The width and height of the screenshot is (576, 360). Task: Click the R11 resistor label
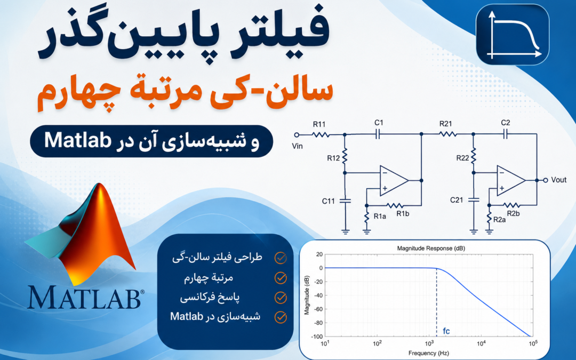[319, 124]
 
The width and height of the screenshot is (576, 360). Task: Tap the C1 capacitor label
[379, 123]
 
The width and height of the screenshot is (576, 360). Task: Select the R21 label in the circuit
[445, 124]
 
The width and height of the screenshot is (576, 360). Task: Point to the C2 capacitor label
[506, 123]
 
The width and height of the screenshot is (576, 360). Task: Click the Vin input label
[297, 146]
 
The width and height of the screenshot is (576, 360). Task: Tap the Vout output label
[559, 180]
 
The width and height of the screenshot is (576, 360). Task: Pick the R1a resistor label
[380, 217]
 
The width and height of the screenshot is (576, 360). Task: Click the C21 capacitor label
[457, 200]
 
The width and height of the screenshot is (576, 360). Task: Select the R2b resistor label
[513, 213]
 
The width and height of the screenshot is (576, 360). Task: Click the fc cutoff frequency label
[446, 331]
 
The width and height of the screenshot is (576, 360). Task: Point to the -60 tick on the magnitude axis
[318, 309]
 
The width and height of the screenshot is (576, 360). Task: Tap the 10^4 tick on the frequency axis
[481, 343]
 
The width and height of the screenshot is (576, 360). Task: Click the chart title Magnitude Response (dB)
[431, 249]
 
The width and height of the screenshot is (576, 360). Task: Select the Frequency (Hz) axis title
[428, 353]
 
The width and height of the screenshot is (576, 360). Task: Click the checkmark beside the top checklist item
[281, 258]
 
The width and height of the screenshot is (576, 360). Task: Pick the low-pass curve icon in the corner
[513, 35]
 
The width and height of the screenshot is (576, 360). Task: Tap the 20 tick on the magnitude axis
[319, 254]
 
